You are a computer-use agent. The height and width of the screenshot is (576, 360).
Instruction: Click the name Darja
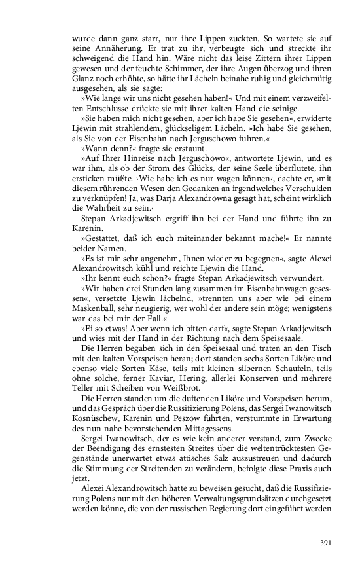point(177,194)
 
